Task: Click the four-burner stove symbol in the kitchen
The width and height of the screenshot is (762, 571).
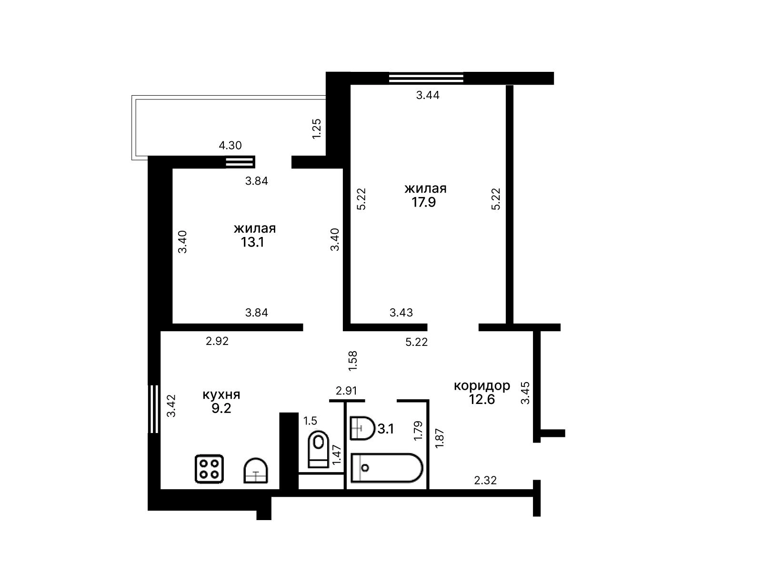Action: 209,469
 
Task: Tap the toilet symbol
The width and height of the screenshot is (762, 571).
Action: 318,449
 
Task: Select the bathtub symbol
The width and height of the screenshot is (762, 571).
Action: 386,468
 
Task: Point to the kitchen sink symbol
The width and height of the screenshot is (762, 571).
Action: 255,471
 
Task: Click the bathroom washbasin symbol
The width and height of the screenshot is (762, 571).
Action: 362,428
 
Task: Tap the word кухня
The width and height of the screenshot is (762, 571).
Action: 221,394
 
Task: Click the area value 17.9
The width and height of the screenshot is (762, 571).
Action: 423,202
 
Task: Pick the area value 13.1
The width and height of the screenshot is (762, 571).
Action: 252,242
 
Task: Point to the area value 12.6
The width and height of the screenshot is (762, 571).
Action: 482,399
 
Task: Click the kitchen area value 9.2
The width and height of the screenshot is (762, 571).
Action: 221,408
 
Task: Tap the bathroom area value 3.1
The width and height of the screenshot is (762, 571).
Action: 386,429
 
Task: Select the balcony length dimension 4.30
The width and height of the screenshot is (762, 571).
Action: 230,145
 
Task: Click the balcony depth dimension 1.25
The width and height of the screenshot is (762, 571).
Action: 317,129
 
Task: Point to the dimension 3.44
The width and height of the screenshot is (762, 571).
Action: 428,95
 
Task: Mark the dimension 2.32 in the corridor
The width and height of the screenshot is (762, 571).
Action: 485,480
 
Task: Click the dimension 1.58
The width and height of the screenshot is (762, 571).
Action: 353,361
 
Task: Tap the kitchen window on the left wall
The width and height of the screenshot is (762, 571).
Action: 154,409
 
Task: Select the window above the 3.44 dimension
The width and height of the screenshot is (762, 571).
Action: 426,78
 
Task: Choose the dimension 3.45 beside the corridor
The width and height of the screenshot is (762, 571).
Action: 525,393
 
